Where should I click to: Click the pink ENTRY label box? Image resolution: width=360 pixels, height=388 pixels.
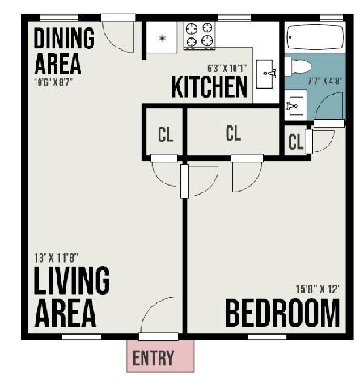coord(160,356)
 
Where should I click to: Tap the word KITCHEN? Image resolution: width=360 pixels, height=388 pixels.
coord(209,86)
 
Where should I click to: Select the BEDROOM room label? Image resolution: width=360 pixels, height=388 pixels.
coord(282,313)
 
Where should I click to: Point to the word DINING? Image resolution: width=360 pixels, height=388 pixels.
coord(64,37)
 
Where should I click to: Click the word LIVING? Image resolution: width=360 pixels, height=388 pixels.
coord(71,281)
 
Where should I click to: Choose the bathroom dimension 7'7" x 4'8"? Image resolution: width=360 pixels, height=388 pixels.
coord(326,80)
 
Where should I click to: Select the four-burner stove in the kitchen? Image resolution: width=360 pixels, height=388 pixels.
coord(198,36)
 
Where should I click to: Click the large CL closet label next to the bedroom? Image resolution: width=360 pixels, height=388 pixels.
coord(233,133)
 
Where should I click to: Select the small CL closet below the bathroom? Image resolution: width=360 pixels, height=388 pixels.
coord(295,142)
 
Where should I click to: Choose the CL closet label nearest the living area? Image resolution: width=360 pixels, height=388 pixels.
coord(165,135)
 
